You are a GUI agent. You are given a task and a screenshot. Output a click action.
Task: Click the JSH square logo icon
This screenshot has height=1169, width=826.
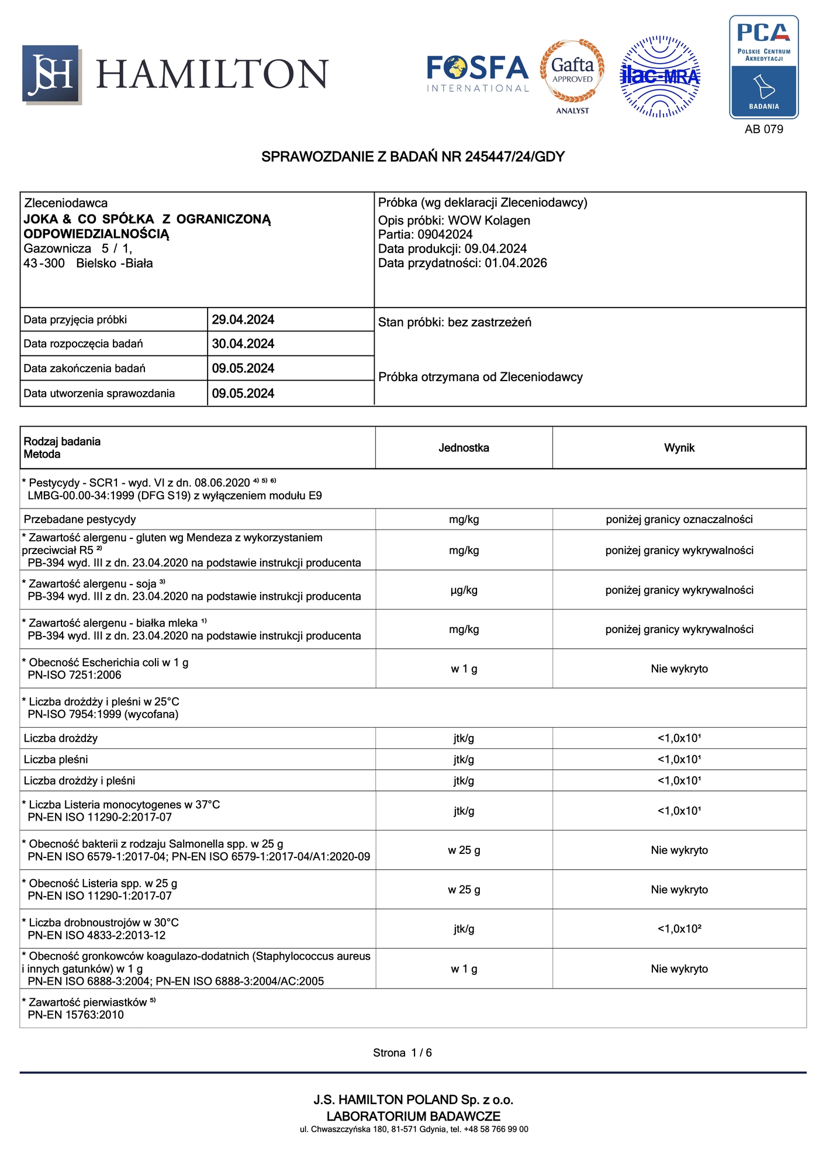[51, 74]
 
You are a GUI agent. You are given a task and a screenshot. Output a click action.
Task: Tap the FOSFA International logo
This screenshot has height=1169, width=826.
[478, 74]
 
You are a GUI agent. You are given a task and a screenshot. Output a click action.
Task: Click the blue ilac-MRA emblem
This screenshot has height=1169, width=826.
[660, 77]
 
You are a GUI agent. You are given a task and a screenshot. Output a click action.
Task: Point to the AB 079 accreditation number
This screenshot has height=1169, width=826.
[763, 129]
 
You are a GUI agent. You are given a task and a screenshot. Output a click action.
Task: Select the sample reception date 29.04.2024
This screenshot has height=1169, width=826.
[243, 320]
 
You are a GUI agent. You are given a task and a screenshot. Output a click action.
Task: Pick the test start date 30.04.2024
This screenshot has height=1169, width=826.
[243, 344]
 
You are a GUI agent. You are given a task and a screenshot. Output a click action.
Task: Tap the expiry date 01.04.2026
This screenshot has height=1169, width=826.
[516, 263]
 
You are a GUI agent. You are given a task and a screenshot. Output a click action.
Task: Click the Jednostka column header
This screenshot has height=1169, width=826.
[464, 448]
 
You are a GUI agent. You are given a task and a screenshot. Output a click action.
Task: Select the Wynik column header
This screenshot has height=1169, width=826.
[679, 448]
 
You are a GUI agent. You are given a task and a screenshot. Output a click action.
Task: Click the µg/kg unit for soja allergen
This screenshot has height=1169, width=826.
[464, 590]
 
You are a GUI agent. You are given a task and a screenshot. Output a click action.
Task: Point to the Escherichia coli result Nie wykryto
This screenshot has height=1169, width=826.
[679, 669]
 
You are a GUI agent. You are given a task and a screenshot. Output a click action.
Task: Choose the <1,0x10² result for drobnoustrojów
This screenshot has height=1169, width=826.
[679, 929]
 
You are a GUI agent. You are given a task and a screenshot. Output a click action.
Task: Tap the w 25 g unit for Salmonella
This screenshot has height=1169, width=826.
[464, 850]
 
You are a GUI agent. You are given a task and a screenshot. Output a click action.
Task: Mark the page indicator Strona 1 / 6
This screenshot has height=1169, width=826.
[402, 1053]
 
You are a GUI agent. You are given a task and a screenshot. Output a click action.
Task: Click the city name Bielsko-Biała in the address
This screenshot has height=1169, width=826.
[115, 263]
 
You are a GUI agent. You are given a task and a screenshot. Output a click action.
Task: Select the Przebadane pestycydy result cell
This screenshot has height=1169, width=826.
[679, 519]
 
